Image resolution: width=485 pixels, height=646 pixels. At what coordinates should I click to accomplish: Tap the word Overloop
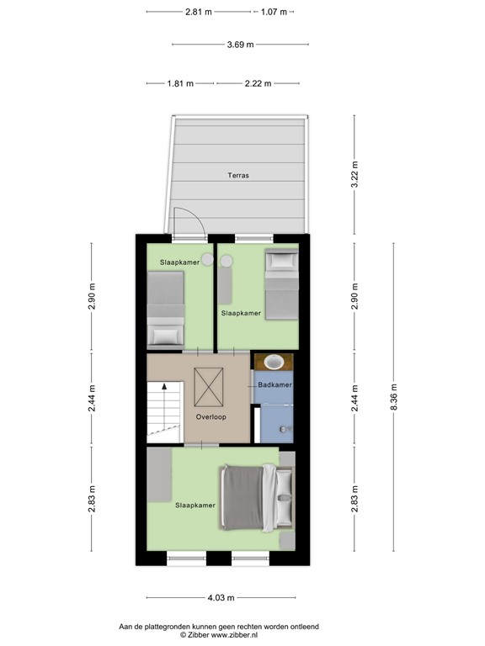pyautogui.click(x=211, y=416)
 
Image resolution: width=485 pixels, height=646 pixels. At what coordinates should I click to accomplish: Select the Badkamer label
pyautogui.click(x=274, y=384)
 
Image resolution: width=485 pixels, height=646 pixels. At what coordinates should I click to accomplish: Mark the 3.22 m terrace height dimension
pyautogui.click(x=354, y=174)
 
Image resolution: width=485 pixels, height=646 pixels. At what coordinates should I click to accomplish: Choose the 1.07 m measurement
pyautogui.click(x=274, y=12)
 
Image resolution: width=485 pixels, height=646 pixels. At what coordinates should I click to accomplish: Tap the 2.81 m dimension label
pyautogui.click(x=199, y=12)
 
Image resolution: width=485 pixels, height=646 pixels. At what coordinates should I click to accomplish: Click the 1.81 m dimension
pyautogui.click(x=180, y=83)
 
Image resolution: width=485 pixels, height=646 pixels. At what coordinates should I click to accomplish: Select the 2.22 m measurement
pyautogui.click(x=258, y=83)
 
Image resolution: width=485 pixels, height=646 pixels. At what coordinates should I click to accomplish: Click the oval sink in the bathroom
pyautogui.click(x=274, y=363)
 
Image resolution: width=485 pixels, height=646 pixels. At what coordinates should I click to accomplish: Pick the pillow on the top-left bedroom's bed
pyautogui.click(x=163, y=336)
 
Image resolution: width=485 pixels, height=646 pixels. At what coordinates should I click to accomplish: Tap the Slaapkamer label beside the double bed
pyautogui.click(x=195, y=506)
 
